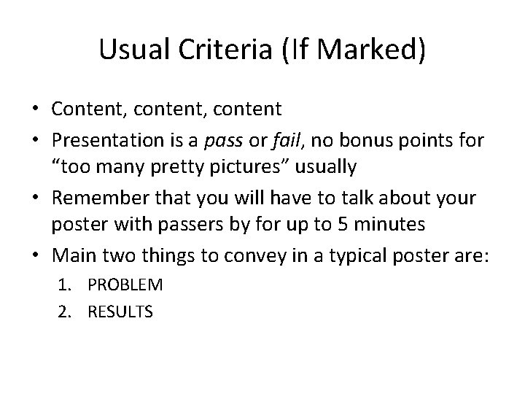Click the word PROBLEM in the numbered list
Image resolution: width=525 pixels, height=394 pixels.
click(x=125, y=283)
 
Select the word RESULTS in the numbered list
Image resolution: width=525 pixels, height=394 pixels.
click(x=120, y=312)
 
